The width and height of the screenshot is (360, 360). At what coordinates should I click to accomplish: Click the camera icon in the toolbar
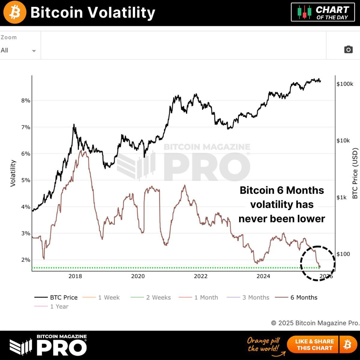click(348, 49)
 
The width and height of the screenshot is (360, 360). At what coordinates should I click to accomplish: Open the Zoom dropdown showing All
click(18, 50)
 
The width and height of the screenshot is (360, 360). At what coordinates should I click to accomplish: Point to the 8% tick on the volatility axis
click(26, 101)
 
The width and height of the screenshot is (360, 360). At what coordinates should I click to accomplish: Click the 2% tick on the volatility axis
click(26, 260)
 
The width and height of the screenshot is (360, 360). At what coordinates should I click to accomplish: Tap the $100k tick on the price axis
click(345, 84)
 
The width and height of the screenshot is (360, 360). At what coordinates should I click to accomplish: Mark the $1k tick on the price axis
click(341, 197)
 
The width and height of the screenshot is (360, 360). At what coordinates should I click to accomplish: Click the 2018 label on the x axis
click(75, 276)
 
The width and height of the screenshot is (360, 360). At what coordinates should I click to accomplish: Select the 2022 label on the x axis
click(200, 276)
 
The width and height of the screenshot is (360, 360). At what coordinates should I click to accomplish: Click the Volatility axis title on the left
click(13, 173)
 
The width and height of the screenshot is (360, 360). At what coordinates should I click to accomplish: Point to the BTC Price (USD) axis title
click(355, 173)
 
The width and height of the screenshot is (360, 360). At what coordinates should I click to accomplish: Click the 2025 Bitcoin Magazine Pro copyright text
click(315, 323)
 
